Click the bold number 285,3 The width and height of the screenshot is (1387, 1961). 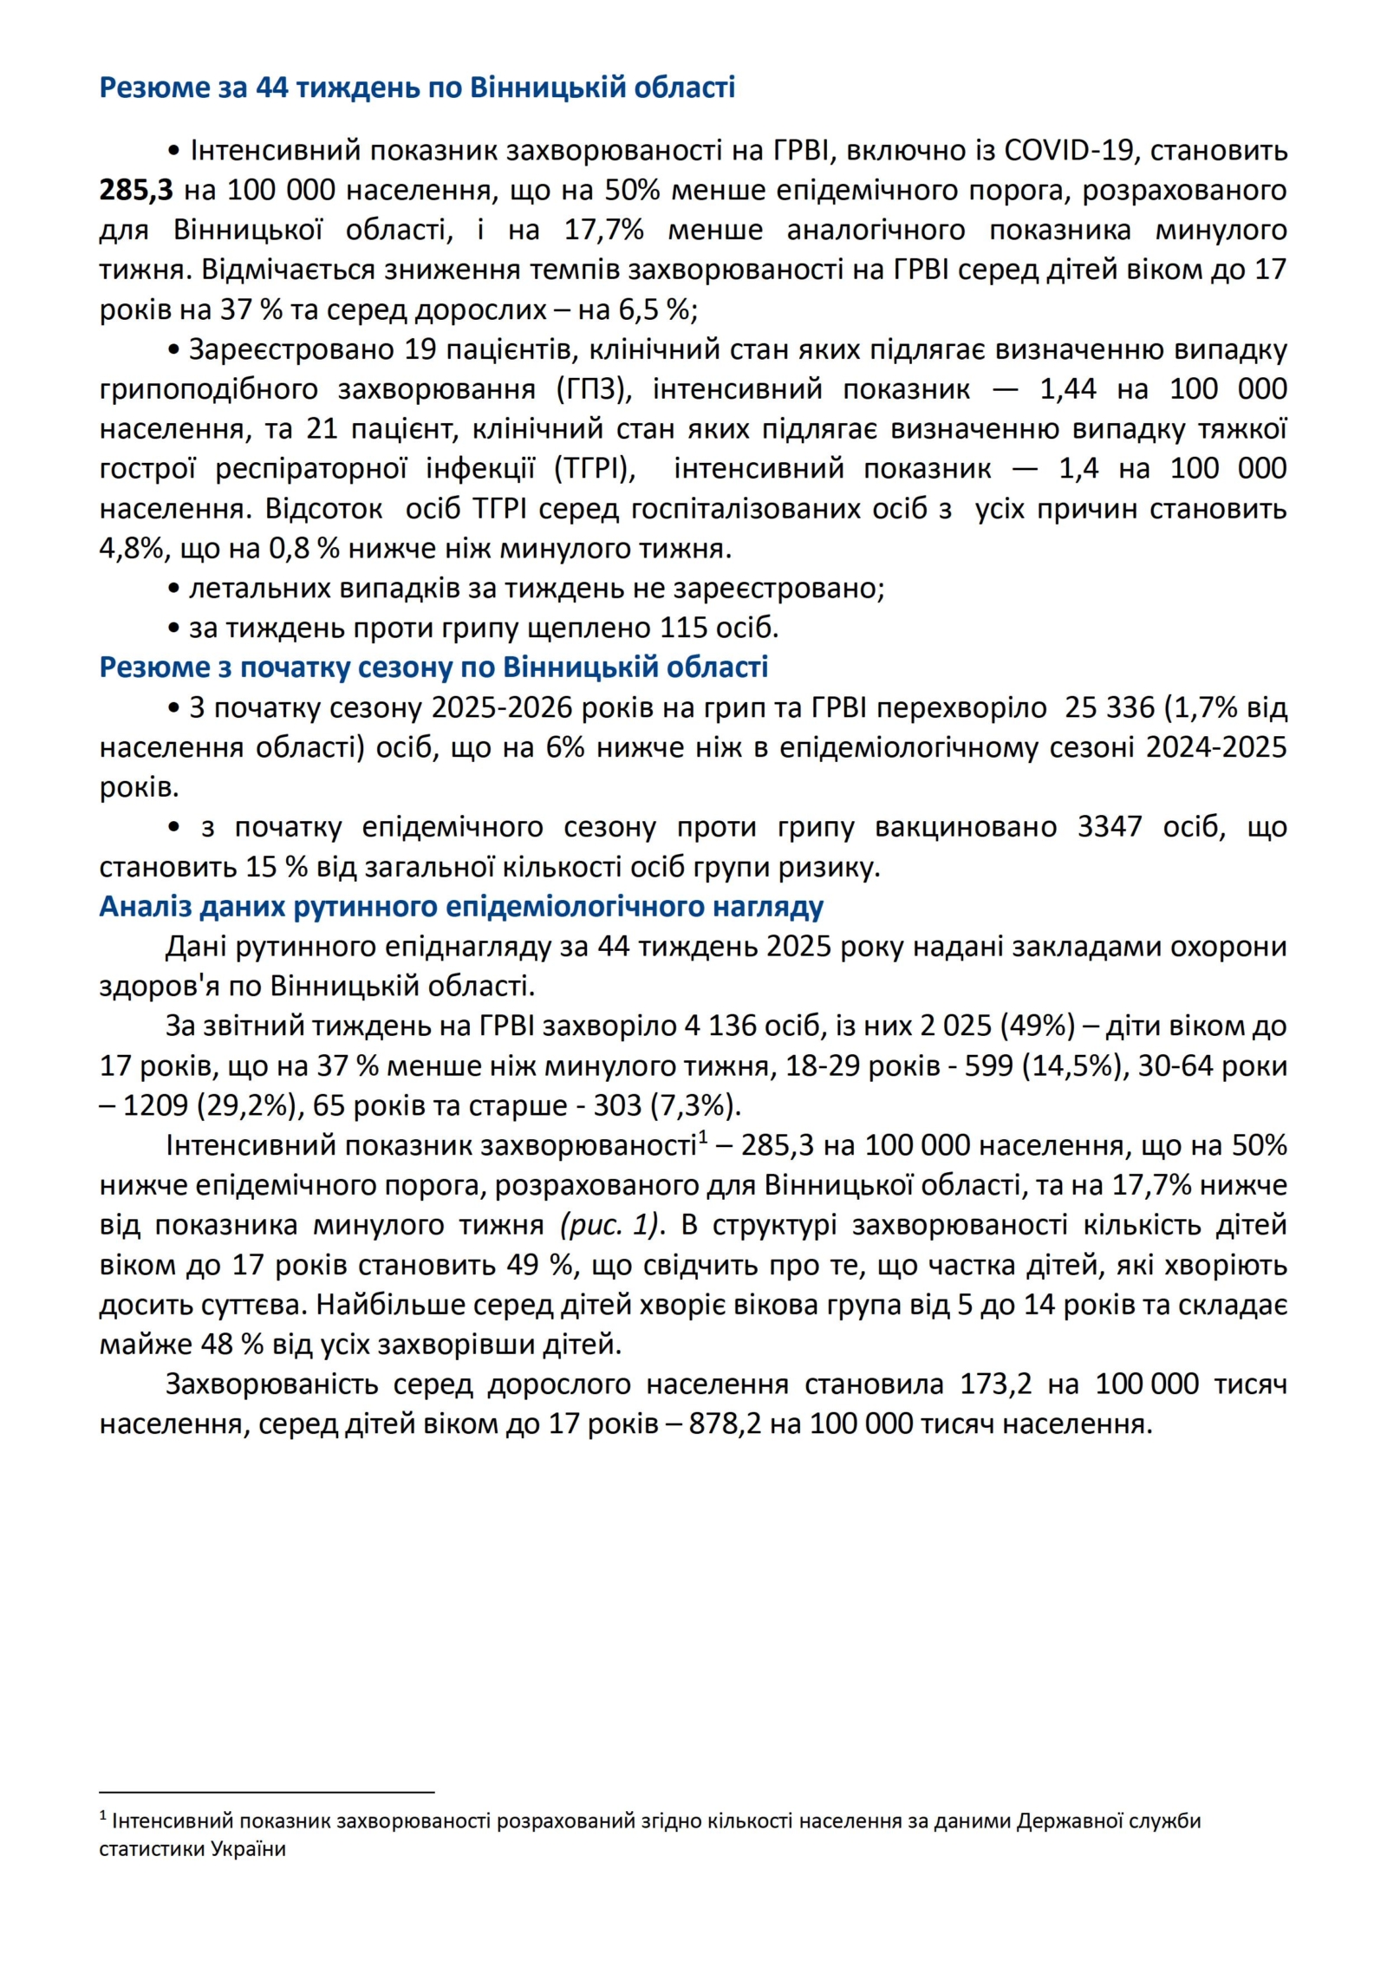coord(136,190)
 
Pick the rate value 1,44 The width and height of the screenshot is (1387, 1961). coord(1068,389)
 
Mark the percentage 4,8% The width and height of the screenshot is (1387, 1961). coord(127,549)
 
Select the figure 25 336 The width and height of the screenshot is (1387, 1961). coord(1110,708)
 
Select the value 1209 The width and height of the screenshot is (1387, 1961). coord(156,1106)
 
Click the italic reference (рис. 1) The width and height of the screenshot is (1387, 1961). coord(611,1226)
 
